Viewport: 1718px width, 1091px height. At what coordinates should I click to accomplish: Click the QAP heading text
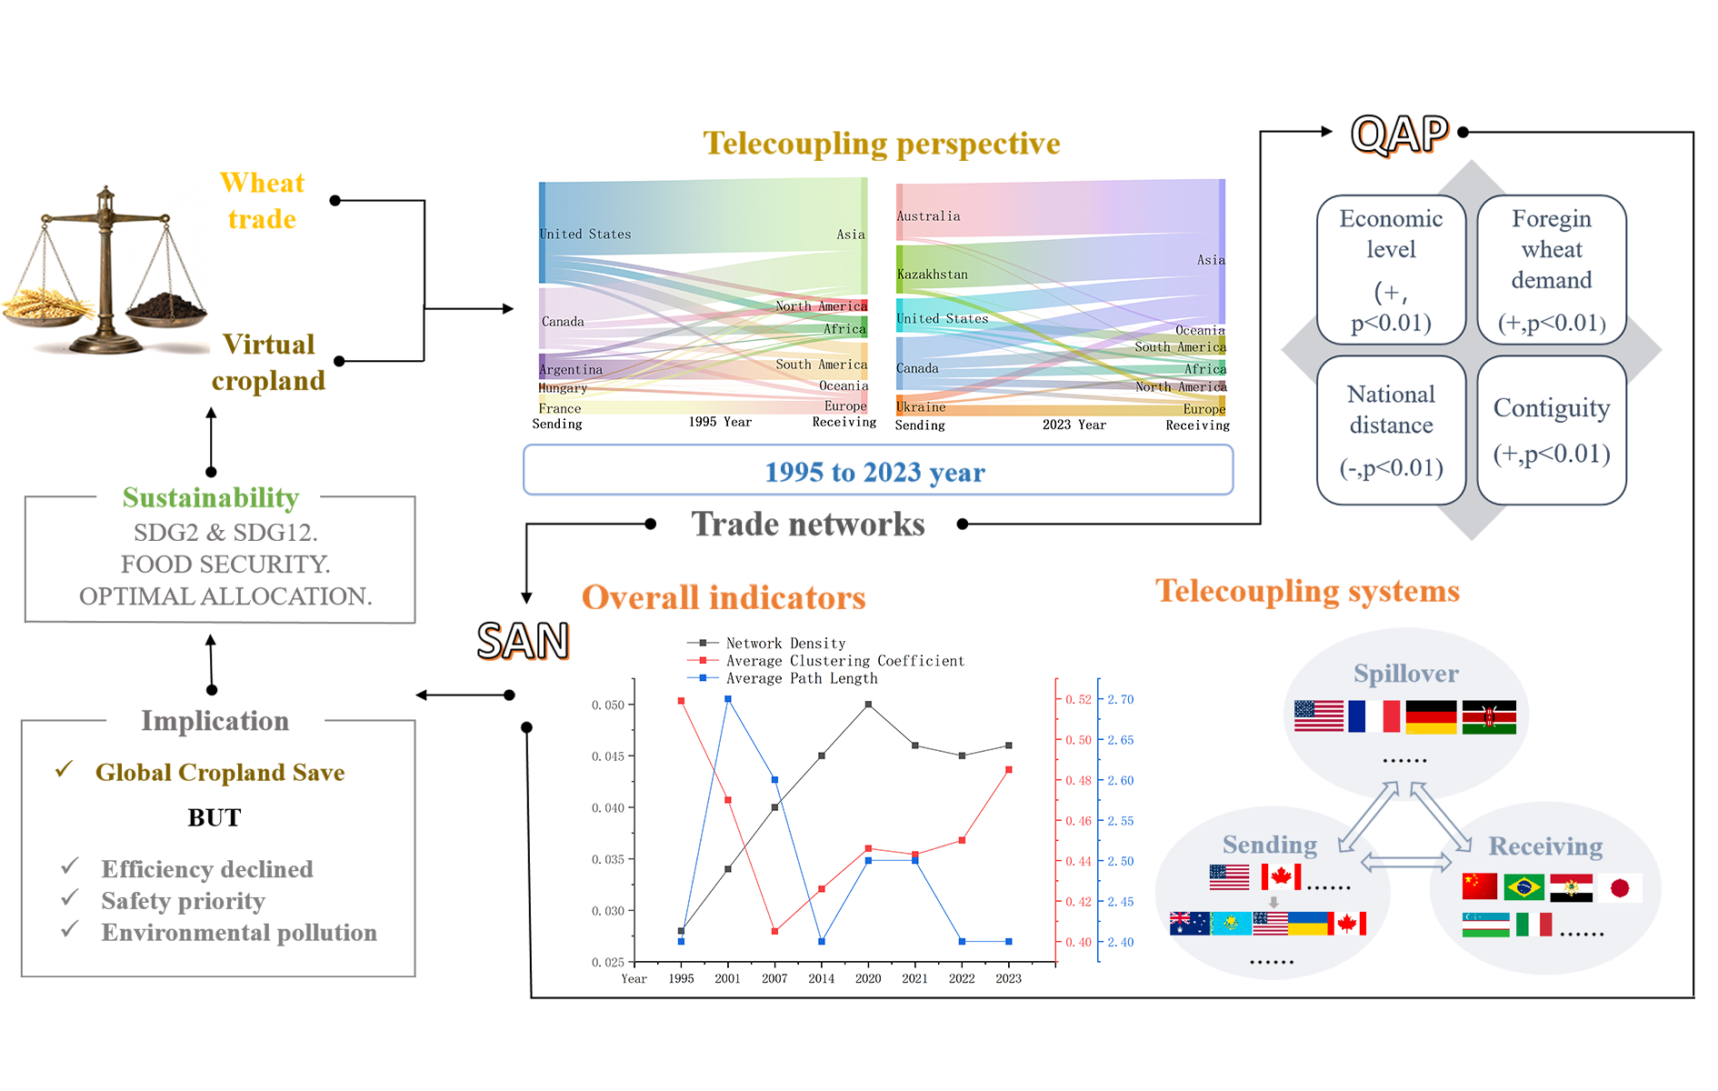click(1399, 135)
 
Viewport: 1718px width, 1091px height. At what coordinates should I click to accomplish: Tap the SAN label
click(523, 641)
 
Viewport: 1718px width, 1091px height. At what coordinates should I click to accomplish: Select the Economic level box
click(1391, 269)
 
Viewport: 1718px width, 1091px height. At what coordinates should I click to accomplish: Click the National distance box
click(1391, 430)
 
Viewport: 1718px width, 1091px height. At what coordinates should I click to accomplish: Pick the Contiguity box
click(1552, 430)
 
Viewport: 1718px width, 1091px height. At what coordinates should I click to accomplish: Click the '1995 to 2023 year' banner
click(877, 471)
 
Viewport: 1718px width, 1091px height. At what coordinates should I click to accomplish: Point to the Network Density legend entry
click(784, 644)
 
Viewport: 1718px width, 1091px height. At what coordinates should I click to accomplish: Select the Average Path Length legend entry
click(801, 678)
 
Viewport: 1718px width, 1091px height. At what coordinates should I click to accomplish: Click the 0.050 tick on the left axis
click(608, 705)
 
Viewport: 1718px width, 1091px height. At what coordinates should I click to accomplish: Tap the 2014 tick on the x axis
click(821, 978)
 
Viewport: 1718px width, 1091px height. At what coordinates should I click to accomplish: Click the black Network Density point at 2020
click(868, 705)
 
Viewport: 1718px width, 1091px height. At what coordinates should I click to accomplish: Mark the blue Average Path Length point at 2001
click(728, 699)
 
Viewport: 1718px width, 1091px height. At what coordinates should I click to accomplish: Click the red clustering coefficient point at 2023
click(1009, 770)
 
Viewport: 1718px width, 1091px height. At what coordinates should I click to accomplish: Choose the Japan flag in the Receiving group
click(1620, 887)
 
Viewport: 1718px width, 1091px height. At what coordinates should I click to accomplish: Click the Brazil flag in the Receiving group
click(1524, 887)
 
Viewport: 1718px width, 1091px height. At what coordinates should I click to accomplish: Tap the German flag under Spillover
click(1431, 716)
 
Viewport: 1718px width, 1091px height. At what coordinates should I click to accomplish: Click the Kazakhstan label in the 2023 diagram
click(933, 275)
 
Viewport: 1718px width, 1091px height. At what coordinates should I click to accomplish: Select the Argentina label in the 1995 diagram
click(571, 370)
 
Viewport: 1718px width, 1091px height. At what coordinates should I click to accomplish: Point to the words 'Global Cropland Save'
click(220, 772)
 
